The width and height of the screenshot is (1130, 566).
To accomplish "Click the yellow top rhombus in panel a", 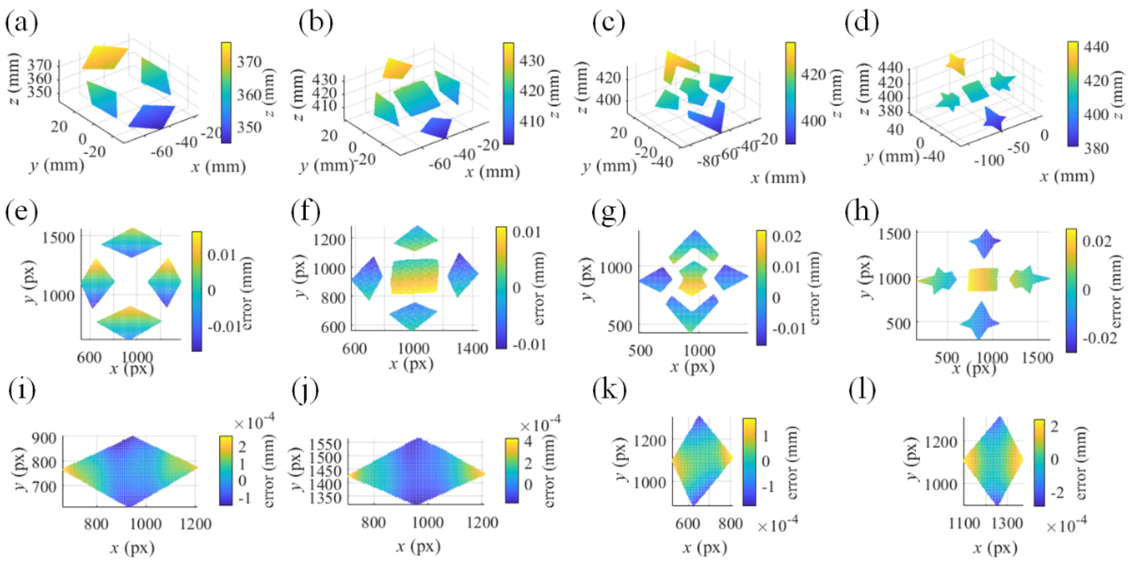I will click(x=104, y=57).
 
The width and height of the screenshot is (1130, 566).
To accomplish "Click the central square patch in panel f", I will click(x=415, y=276).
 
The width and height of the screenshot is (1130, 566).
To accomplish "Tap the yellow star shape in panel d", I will click(x=956, y=64).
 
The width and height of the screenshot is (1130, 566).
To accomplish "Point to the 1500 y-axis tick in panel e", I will click(x=58, y=238).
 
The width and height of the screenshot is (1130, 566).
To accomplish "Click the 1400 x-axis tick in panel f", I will click(x=472, y=348).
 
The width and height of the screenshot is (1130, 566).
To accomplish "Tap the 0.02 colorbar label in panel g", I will click(x=786, y=236).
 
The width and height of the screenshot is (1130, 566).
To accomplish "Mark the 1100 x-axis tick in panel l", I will click(x=964, y=523).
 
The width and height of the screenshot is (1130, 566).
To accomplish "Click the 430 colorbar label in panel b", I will click(x=532, y=60).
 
